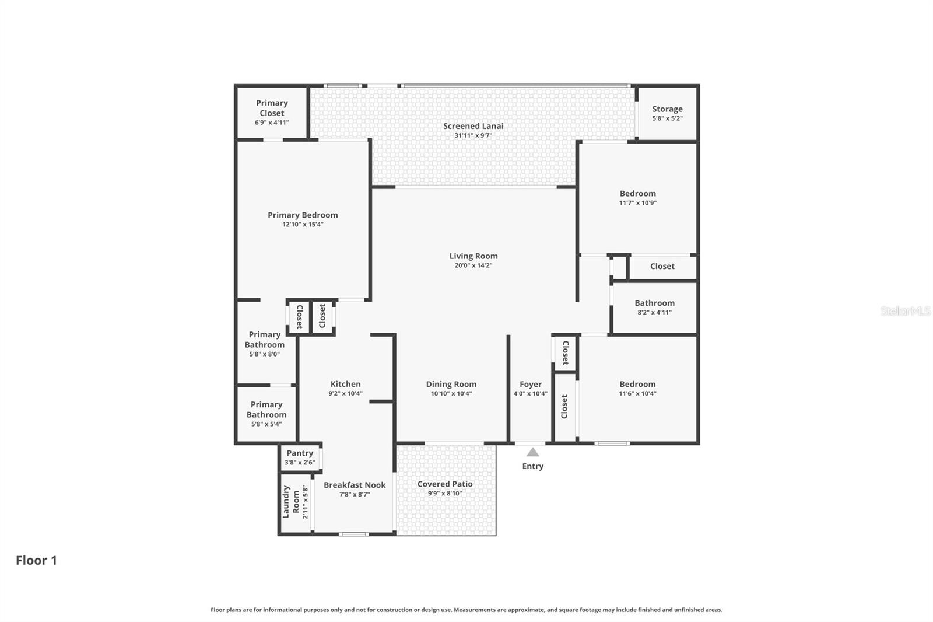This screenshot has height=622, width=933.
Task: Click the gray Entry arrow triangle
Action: (x=532, y=452)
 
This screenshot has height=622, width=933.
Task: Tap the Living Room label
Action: (x=473, y=256)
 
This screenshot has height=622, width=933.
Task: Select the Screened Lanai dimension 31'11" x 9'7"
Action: (x=473, y=135)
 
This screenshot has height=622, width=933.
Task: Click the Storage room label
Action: (x=667, y=109)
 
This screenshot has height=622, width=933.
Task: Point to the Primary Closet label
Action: (x=272, y=108)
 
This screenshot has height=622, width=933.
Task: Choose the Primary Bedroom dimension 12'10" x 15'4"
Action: (x=303, y=225)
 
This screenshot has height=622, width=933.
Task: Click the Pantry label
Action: (x=300, y=453)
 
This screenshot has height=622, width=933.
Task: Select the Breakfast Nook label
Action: (x=355, y=485)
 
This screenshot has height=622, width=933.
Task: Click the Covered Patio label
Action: (x=445, y=484)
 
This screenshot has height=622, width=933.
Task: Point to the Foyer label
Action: (x=530, y=384)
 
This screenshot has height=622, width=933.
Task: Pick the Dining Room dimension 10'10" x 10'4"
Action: (x=451, y=394)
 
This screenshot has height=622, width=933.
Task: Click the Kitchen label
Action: (x=345, y=384)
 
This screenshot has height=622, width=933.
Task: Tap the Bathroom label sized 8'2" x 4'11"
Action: (x=654, y=303)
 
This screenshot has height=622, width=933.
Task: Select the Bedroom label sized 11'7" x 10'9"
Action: (x=637, y=193)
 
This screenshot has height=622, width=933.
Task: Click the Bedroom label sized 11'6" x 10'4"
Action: (x=637, y=384)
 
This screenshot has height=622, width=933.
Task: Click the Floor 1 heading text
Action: (x=36, y=560)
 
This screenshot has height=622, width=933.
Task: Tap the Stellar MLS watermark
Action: (x=905, y=311)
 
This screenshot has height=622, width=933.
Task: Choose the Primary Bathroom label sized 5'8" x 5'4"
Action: (x=266, y=409)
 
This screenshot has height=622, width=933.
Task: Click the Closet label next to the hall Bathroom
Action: (x=662, y=266)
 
